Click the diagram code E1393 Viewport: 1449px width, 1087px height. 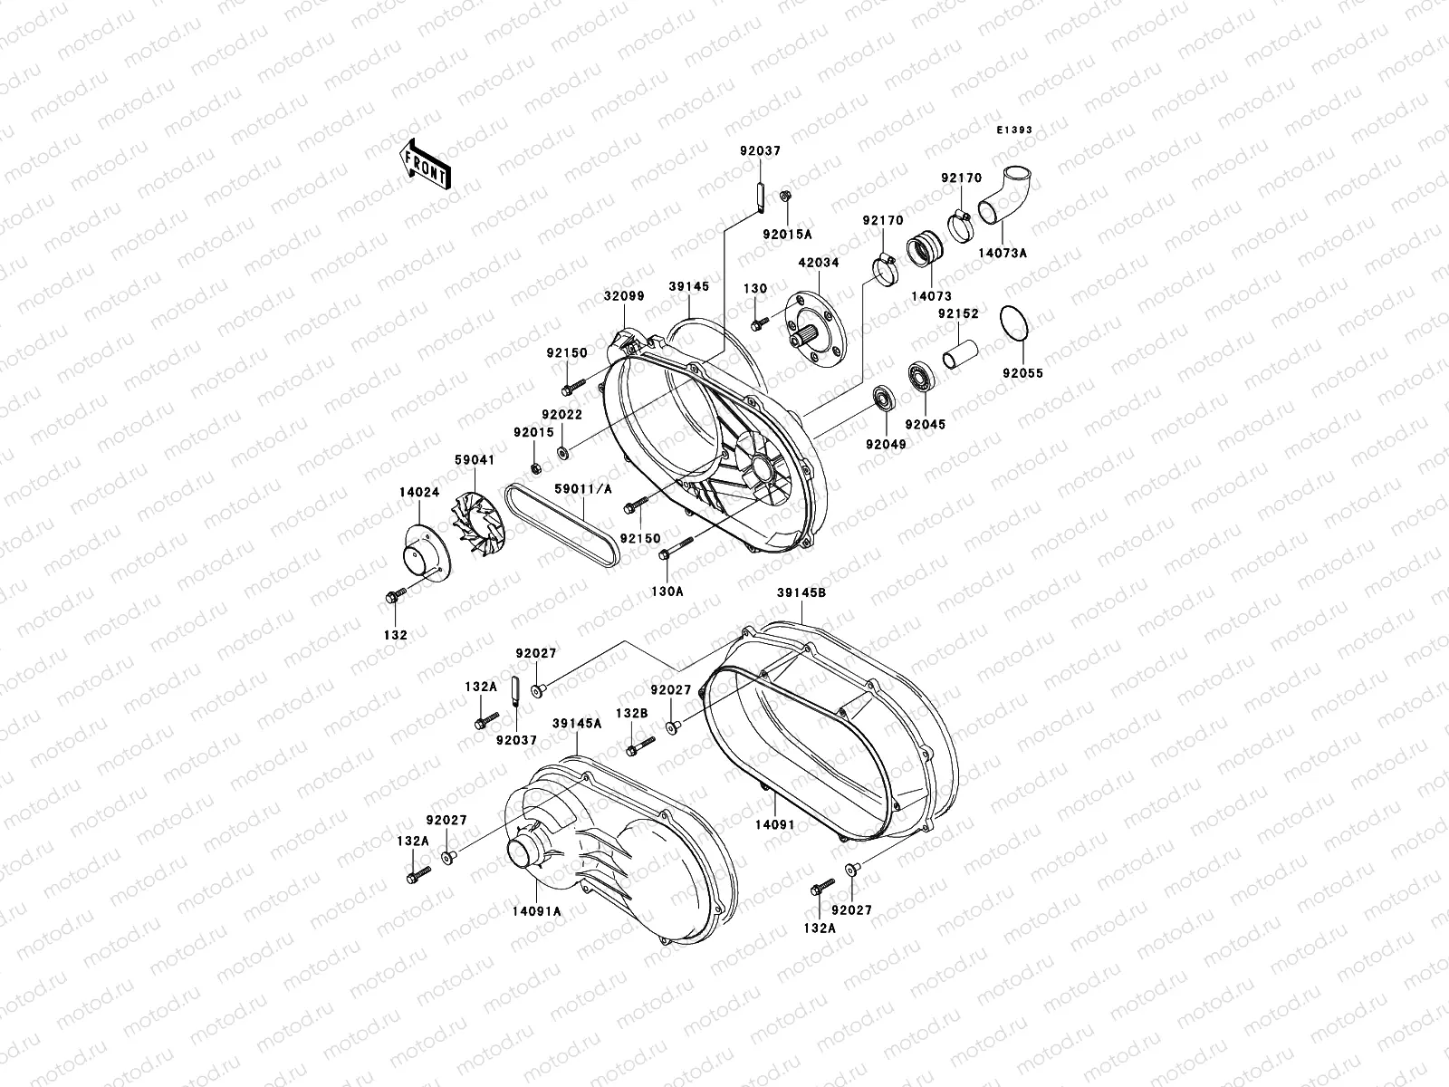pos(1014,130)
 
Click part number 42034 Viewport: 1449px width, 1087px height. pos(818,264)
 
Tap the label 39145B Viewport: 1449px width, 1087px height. pos(801,592)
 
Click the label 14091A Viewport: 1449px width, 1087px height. pos(534,911)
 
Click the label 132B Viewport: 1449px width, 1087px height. pos(632,715)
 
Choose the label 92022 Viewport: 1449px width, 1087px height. pos(561,414)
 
